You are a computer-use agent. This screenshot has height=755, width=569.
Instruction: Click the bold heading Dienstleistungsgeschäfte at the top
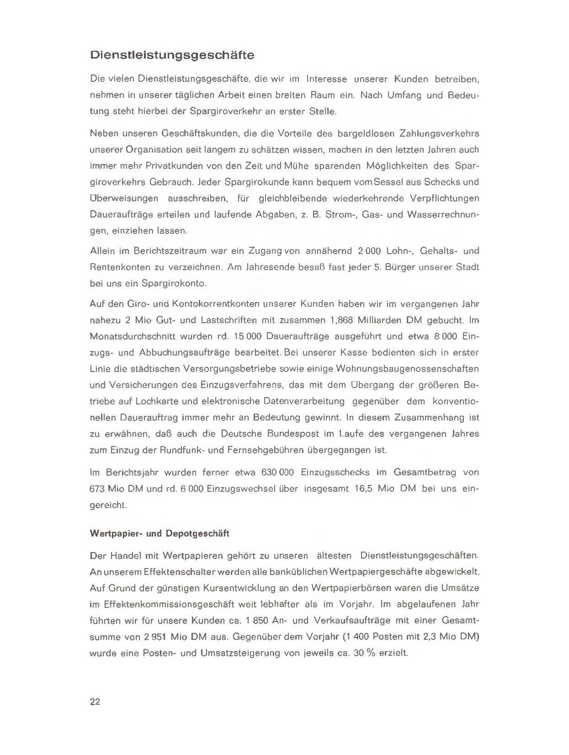172,55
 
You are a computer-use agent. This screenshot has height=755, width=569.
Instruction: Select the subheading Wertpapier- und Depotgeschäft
160,533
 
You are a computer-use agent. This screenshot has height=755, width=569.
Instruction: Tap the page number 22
95,702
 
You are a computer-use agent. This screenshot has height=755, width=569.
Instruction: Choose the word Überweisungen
124,198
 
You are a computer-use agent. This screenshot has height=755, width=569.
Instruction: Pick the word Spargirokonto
174,283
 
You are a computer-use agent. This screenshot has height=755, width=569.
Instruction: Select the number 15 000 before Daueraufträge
247,337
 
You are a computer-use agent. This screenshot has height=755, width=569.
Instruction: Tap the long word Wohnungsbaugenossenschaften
407,369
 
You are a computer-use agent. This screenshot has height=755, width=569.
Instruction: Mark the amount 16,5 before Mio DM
364,489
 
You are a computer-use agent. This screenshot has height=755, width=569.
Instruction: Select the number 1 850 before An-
256,620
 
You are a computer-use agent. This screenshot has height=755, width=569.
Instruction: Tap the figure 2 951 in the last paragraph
154,637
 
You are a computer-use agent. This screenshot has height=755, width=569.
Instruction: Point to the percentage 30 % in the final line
364,653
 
